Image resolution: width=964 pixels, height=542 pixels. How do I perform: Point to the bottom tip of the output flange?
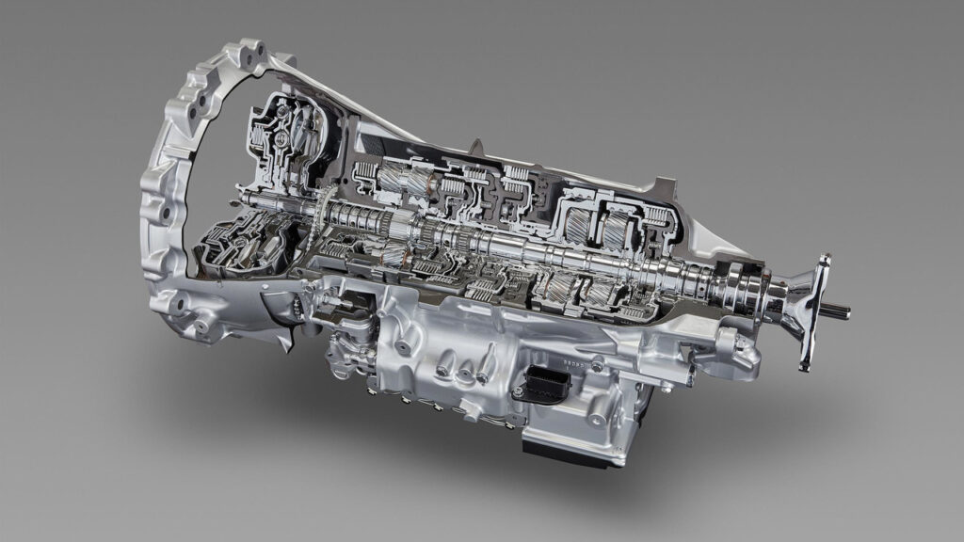coord(804,365)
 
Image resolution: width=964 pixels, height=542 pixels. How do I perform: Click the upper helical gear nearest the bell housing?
coord(394,177)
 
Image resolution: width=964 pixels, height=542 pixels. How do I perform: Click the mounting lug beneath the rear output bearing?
coord(740,353)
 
